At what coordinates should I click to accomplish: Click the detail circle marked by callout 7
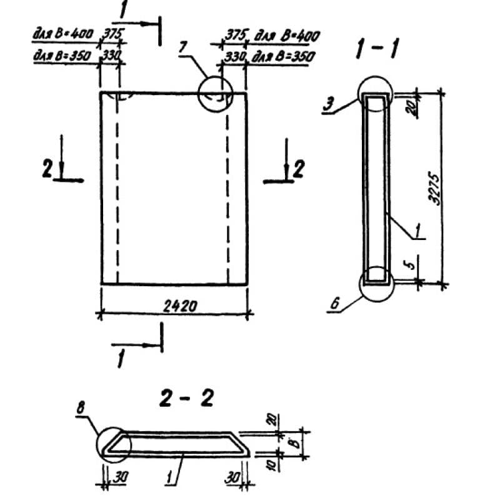214,94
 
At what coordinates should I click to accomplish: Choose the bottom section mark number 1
121,359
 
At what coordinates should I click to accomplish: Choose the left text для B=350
63,56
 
